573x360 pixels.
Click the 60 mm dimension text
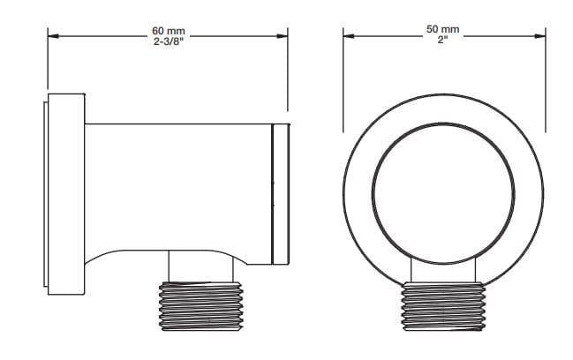[169, 31]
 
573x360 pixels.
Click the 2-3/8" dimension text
[168, 41]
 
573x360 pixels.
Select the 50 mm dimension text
[443, 29]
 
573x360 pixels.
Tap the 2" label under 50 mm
[443, 40]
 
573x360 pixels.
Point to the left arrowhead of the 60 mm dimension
[53, 36]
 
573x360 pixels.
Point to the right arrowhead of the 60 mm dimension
[283, 36]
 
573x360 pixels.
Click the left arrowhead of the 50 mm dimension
[349, 36]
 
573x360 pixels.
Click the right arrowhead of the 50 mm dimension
[540, 36]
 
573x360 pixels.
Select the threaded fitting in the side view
[201, 306]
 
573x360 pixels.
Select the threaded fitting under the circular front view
[443, 307]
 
